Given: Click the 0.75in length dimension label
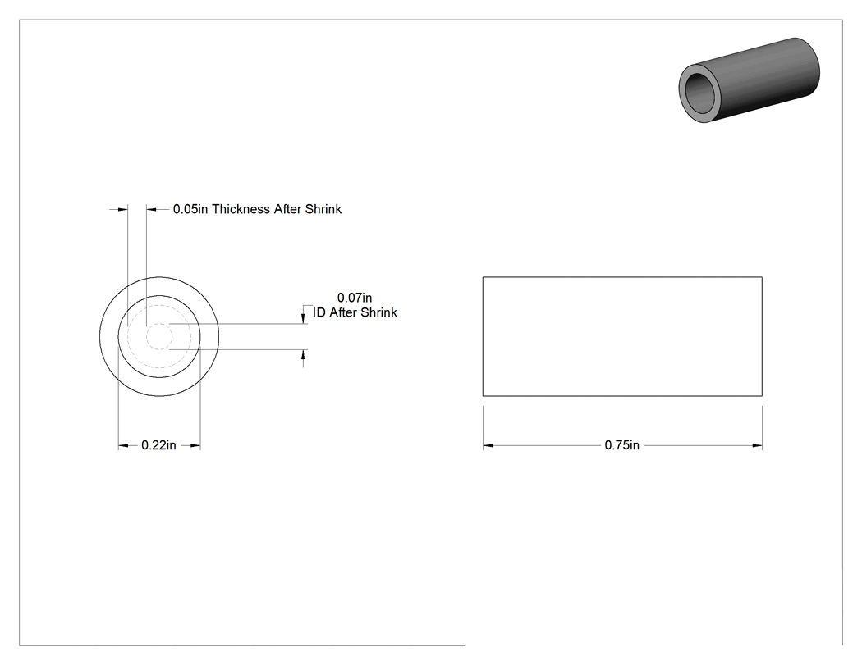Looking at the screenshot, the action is pos(621,445).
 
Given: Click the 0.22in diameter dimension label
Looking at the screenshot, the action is pos(159,445).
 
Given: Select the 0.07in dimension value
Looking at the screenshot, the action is pos(355,298).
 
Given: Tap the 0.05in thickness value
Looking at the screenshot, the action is pos(190,209).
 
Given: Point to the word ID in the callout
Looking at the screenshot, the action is pos(319,312).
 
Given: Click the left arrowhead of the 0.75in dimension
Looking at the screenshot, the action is pos(488,446).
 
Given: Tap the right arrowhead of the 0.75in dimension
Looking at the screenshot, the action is pos(758,446).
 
